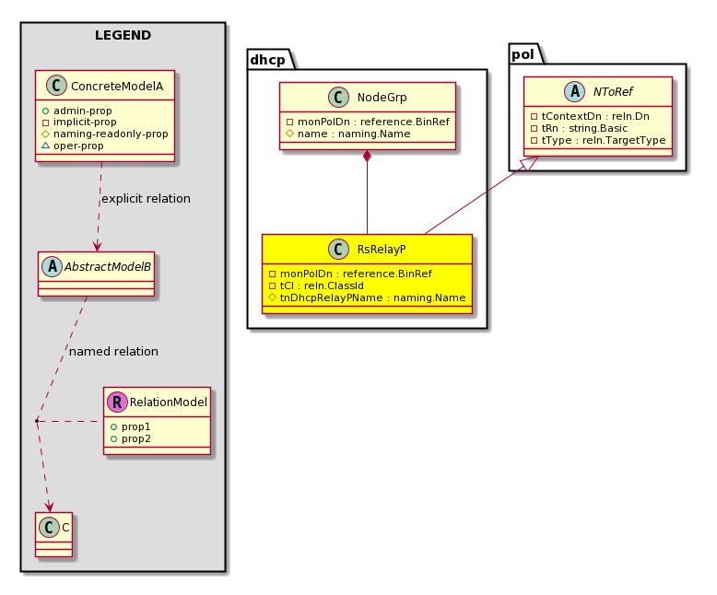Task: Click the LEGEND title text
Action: [123, 35]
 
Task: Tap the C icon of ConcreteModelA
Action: [57, 86]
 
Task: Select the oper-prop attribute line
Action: [73, 146]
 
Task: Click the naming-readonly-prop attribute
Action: [105, 134]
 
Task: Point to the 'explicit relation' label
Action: [146, 198]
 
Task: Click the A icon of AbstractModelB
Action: [53, 266]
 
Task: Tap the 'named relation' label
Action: [113, 351]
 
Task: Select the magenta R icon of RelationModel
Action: [118, 402]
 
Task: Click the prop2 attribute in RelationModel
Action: [131, 438]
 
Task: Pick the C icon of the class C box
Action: [50, 528]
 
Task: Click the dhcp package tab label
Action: [267, 60]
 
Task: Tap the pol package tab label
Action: [523, 55]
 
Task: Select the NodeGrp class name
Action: [382, 98]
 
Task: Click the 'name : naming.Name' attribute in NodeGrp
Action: [348, 134]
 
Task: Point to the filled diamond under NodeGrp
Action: [367, 156]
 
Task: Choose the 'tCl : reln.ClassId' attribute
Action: [316, 286]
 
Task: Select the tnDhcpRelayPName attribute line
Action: [367, 297]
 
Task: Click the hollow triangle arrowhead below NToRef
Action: [531, 163]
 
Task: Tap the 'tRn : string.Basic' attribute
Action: [579, 128]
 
